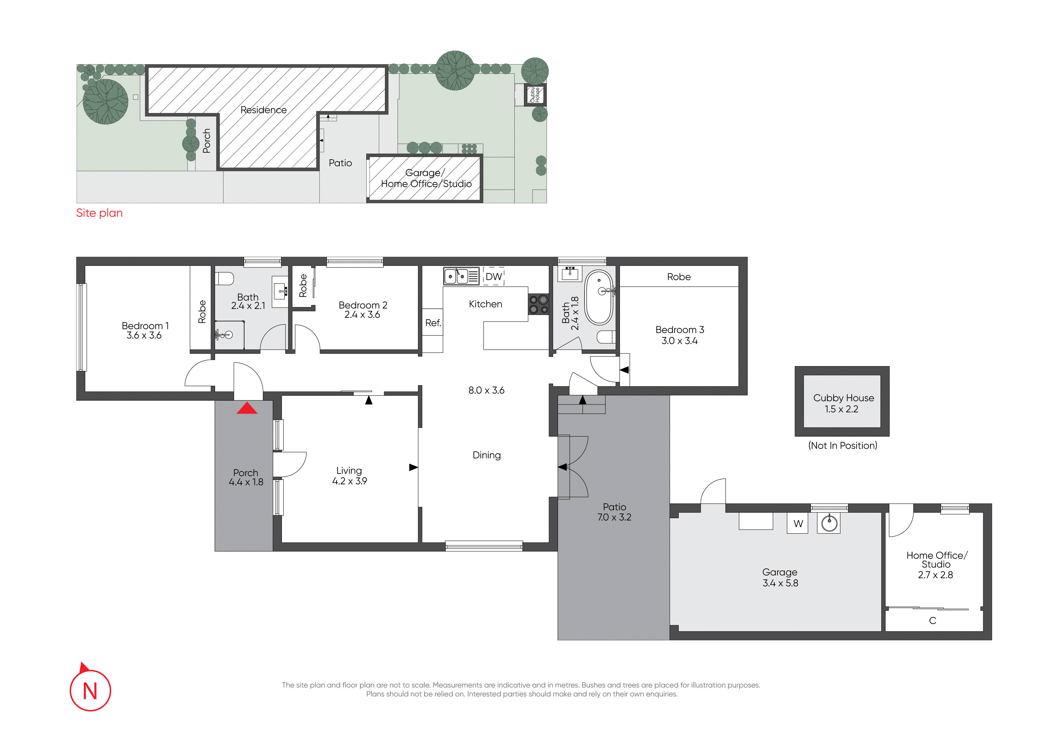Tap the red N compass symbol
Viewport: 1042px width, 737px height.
(x=90, y=689)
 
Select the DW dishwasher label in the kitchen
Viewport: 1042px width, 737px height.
(x=494, y=277)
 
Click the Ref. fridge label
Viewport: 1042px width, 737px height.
(x=433, y=323)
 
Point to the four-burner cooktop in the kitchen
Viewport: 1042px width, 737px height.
(x=538, y=304)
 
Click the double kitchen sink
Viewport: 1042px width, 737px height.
(x=461, y=276)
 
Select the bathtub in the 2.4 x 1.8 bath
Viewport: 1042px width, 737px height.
(x=599, y=297)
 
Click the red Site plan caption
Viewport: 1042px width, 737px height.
(x=100, y=213)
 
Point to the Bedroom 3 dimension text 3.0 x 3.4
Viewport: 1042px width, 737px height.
(x=679, y=341)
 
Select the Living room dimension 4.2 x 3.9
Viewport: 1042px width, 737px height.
(x=349, y=481)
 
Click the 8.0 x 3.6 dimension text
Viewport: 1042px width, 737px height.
(x=486, y=390)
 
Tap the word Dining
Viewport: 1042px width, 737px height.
(x=487, y=455)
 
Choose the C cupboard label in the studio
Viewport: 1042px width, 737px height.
(x=933, y=621)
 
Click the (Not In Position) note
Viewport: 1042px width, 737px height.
(x=842, y=445)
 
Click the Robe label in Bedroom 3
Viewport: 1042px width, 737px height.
(x=679, y=277)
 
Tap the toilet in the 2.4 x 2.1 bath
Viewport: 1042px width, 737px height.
(x=224, y=278)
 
